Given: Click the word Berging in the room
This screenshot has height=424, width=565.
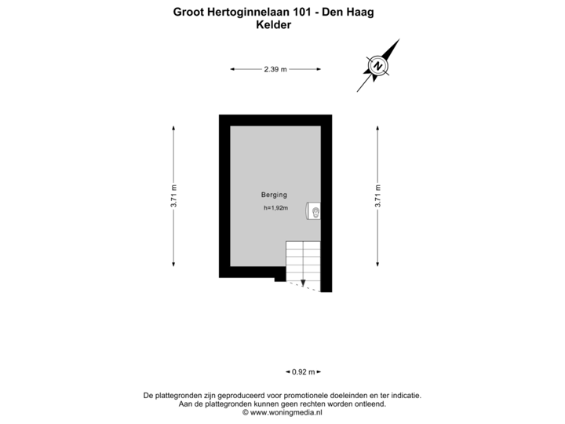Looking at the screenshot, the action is (274, 195).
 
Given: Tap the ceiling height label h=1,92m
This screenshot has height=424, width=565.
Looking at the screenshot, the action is (275, 207).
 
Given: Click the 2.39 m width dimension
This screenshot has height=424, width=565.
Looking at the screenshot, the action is (275, 69).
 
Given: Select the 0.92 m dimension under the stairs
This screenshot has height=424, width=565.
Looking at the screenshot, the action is (304, 371).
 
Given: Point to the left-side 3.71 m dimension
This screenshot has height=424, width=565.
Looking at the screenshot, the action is (173, 196).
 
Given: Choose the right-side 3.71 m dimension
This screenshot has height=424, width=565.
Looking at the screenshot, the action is (377, 196).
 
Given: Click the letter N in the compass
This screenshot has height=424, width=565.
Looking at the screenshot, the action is (378, 66).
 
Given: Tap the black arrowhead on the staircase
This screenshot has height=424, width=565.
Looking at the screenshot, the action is (303, 283).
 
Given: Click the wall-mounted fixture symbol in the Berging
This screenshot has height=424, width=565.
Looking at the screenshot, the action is (313, 211).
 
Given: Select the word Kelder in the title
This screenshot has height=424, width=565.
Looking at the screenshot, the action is (274, 25).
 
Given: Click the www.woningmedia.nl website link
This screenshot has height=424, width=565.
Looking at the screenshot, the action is (286, 412).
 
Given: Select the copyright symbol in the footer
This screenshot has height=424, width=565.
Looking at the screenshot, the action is (246, 412).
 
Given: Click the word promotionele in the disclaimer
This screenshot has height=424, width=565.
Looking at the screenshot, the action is (306, 396).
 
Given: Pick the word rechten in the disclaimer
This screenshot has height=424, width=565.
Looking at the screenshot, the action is (307, 404).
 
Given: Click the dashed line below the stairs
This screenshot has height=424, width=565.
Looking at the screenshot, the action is (303, 287).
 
